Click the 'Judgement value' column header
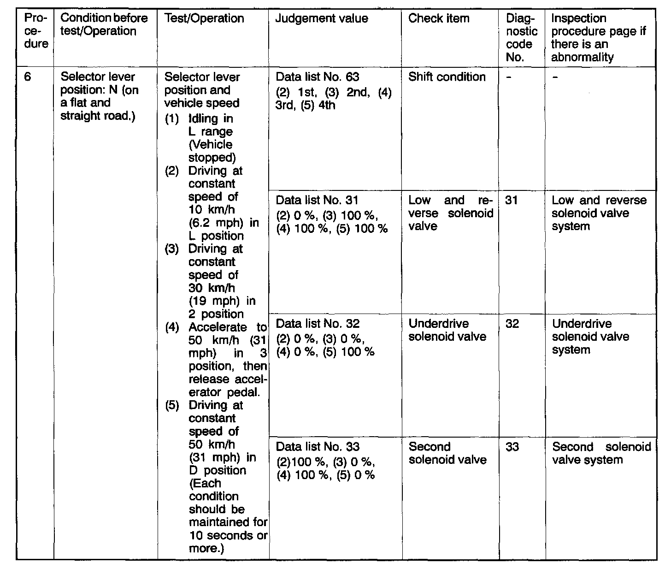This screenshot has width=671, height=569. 321,18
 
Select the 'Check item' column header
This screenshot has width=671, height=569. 439,18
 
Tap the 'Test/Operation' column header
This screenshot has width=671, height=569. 204,18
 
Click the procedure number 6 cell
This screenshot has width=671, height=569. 28,77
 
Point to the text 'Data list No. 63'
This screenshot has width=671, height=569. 317,77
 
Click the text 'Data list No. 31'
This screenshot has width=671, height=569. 317,201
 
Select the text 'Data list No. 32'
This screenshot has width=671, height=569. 317,324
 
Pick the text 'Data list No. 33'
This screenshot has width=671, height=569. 317,447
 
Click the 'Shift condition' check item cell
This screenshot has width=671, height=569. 447,77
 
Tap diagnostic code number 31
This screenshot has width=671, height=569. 512,201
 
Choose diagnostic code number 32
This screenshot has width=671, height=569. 512,324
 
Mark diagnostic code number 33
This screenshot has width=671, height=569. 512,447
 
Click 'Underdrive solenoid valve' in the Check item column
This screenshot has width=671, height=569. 447,330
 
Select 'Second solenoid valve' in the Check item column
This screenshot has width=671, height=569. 447,453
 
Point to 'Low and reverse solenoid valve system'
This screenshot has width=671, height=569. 598,213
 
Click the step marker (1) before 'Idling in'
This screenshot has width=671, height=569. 171,119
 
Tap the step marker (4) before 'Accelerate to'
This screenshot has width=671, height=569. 171,327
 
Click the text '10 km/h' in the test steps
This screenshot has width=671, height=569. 212,210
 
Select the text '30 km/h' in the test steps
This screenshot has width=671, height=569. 212,288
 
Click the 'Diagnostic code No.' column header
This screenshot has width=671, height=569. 521,38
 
